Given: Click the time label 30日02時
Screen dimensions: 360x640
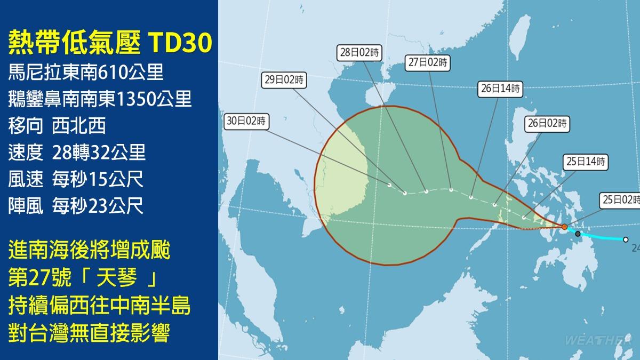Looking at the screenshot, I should [x=246, y=121].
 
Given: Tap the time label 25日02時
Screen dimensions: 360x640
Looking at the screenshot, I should [x=620, y=199].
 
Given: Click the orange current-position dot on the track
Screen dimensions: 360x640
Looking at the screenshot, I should [x=564, y=227].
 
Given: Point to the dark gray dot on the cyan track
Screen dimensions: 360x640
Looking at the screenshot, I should [x=578, y=234].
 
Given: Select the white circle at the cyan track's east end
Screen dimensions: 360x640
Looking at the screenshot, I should [x=626, y=239].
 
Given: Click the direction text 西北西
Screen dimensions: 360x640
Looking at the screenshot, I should [x=79, y=126].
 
